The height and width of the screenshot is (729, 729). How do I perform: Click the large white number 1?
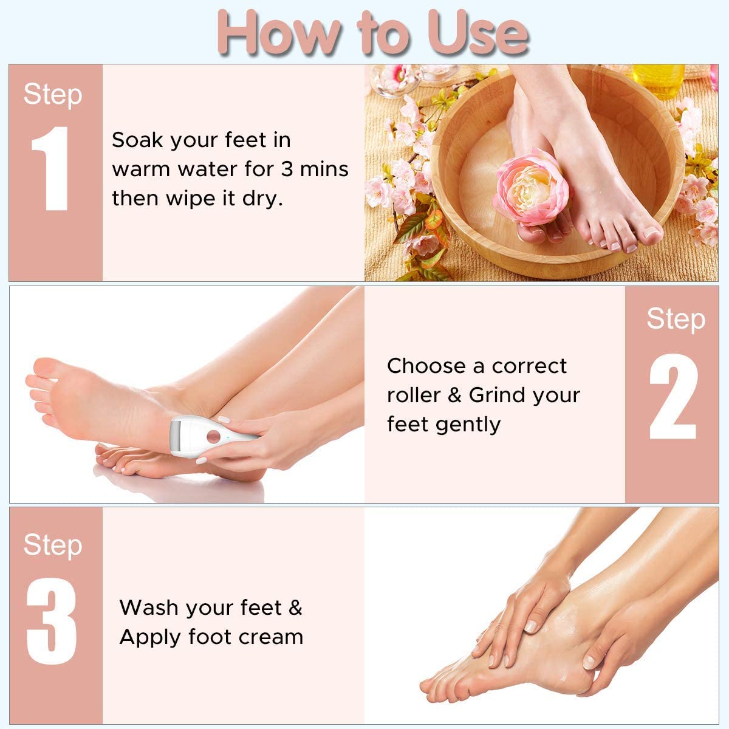click(x=52, y=169)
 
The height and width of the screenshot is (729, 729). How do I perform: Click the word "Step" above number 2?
click(x=676, y=319)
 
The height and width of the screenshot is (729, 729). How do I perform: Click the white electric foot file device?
click(x=213, y=434)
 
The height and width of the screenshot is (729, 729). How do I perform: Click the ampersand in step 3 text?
click(x=295, y=607)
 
